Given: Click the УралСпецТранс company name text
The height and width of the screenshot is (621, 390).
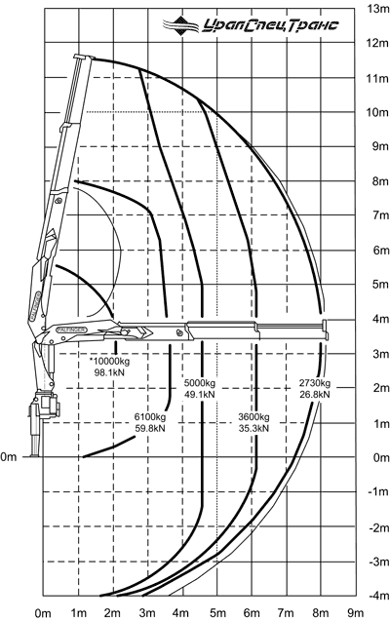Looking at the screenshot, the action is (x=271, y=25).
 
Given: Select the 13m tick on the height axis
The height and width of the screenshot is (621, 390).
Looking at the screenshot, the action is (x=378, y=8).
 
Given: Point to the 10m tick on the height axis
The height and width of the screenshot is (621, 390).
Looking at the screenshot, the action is (x=377, y=112).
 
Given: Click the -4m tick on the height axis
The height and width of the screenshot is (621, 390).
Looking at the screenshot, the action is (x=379, y=596).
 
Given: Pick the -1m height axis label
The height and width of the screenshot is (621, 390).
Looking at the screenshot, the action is (x=379, y=491).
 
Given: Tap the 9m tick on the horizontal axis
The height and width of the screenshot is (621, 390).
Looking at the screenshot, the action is (x=355, y=613).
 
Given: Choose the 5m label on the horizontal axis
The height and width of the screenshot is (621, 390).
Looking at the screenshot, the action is (x=217, y=613).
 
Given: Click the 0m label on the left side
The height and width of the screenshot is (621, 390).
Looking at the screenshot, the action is (x=9, y=457).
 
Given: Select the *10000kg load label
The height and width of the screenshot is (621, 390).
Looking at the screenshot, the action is (x=109, y=361).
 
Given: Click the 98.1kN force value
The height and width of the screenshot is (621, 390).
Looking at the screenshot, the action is (x=109, y=372).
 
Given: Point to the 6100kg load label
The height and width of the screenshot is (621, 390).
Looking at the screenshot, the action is (x=150, y=417).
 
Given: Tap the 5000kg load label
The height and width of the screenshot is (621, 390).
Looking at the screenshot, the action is (x=200, y=383).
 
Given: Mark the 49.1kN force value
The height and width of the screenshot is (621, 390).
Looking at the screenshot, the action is (x=200, y=395).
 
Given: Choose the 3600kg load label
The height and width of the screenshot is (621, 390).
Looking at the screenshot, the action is (x=253, y=417).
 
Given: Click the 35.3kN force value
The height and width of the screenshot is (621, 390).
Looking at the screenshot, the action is (x=253, y=428).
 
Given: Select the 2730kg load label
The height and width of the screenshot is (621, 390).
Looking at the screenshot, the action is (x=314, y=383).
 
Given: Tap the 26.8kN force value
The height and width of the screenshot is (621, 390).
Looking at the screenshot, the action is (x=314, y=395).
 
